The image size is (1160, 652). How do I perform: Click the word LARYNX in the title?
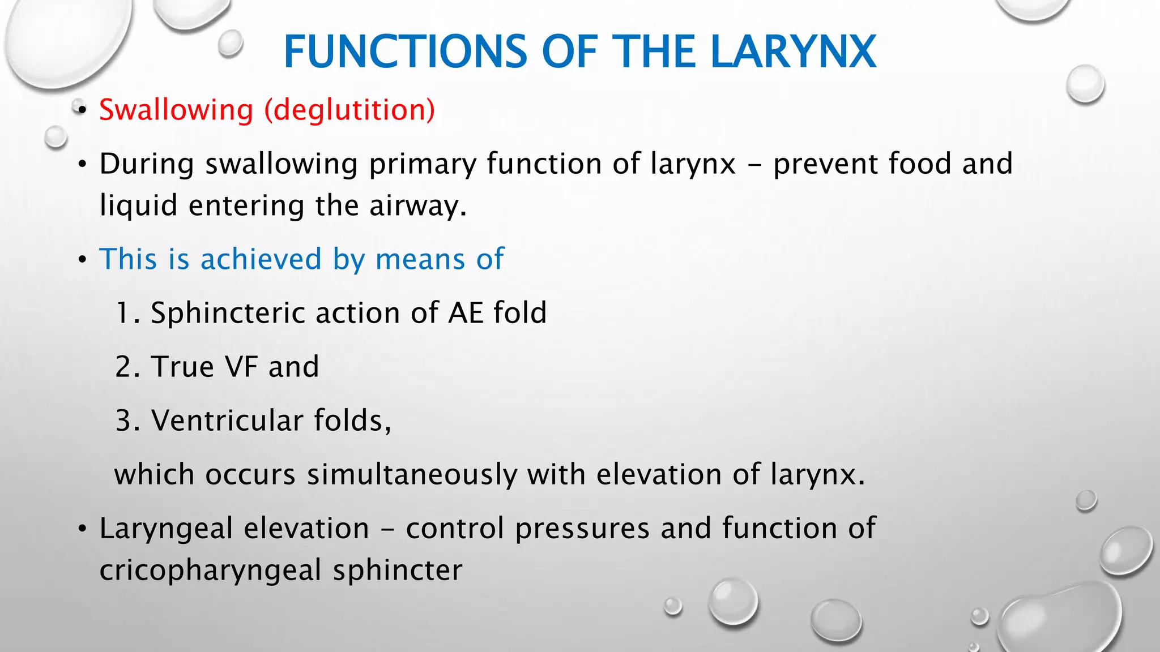point(793,52)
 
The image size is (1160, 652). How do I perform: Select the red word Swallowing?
point(176,110)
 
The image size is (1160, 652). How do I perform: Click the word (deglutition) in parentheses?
point(349,110)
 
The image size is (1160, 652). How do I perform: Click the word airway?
point(417,205)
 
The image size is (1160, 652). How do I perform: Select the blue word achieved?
point(261,259)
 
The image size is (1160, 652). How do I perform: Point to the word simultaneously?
point(412,474)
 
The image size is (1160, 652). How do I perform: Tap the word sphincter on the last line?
point(397,570)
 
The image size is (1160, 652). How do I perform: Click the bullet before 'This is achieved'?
point(83,260)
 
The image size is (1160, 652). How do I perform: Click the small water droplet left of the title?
point(231,43)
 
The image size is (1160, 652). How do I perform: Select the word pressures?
point(582,529)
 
